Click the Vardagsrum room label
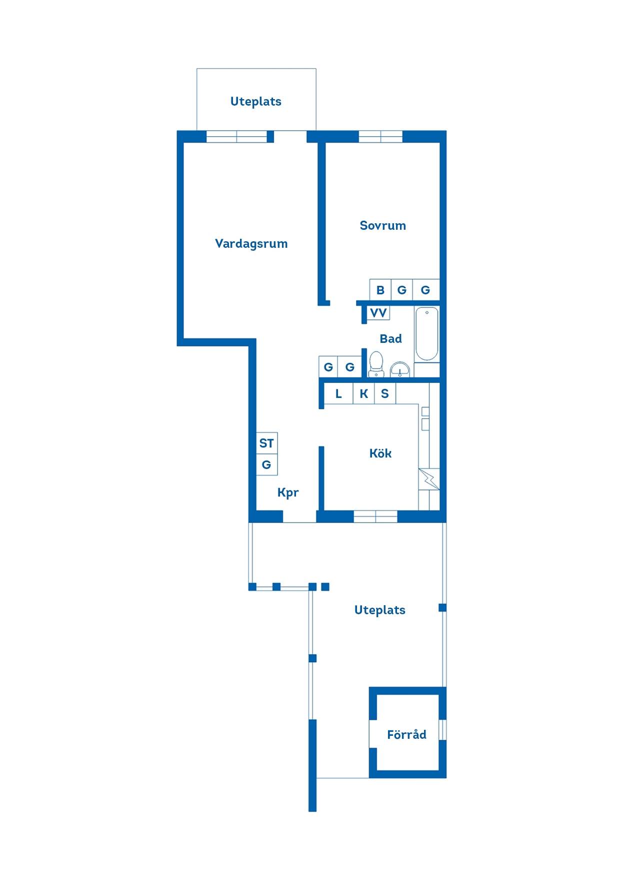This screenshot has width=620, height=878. tap(251, 244)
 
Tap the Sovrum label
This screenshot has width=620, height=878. tap(382, 225)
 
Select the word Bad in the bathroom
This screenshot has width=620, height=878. tap(390, 339)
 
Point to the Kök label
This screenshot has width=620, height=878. tap(380, 454)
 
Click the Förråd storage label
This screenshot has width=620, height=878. tap(406, 734)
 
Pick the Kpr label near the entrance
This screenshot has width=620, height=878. tap(288, 493)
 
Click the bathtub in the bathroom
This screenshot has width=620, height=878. tap(426, 334)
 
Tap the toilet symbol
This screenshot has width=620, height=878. tap(375, 363)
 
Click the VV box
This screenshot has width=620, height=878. tap(378, 313)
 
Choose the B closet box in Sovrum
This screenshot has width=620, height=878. tap(380, 290)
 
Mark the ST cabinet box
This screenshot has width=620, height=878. tap(266, 444)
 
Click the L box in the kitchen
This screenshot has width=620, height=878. tap(338, 393)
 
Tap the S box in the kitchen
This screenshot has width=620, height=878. tap(385, 393)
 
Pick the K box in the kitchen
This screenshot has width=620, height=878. tap(363, 393)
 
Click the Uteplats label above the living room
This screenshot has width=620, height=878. tap(255, 102)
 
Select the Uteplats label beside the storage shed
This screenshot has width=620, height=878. tap(379, 610)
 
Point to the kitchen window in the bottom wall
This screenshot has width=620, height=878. tap(375, 516)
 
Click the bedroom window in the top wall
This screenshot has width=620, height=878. tap(380, 136)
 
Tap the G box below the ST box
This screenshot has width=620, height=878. tap(266, 465)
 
